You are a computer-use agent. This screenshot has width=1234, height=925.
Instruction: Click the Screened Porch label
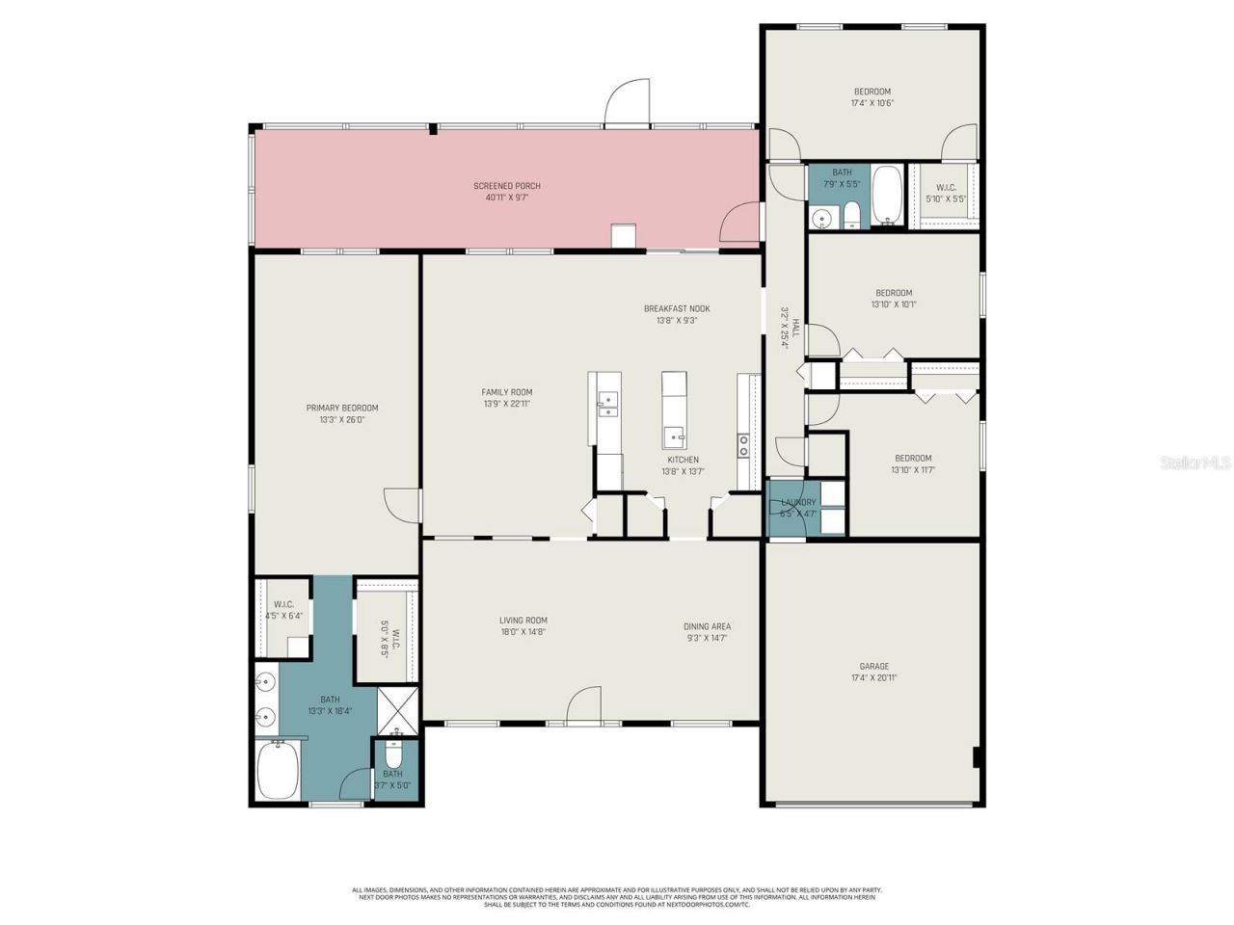506,186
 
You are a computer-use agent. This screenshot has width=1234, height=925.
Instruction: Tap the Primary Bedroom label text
342,408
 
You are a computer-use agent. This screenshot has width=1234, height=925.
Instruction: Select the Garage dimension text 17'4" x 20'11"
874,677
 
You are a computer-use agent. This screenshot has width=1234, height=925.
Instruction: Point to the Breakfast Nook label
677,308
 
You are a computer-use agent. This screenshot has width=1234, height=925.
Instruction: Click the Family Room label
507,392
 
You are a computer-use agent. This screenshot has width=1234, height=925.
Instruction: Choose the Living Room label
523,621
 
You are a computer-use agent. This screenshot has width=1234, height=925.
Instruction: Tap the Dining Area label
707,626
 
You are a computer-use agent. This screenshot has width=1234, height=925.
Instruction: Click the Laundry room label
798,502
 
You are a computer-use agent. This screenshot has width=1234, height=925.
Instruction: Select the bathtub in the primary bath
279,771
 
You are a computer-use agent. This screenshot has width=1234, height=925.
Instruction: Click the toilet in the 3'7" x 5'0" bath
393,753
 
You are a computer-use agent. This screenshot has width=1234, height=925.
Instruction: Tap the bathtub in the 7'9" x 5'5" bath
887,196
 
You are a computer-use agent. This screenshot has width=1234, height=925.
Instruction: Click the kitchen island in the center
674,410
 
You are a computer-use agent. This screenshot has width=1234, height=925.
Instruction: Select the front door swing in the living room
584,705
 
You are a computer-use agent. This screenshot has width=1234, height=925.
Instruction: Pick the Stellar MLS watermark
1194,462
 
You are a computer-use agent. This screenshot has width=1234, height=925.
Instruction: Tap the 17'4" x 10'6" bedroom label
872,92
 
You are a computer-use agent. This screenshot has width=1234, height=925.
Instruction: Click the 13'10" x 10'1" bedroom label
894,293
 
